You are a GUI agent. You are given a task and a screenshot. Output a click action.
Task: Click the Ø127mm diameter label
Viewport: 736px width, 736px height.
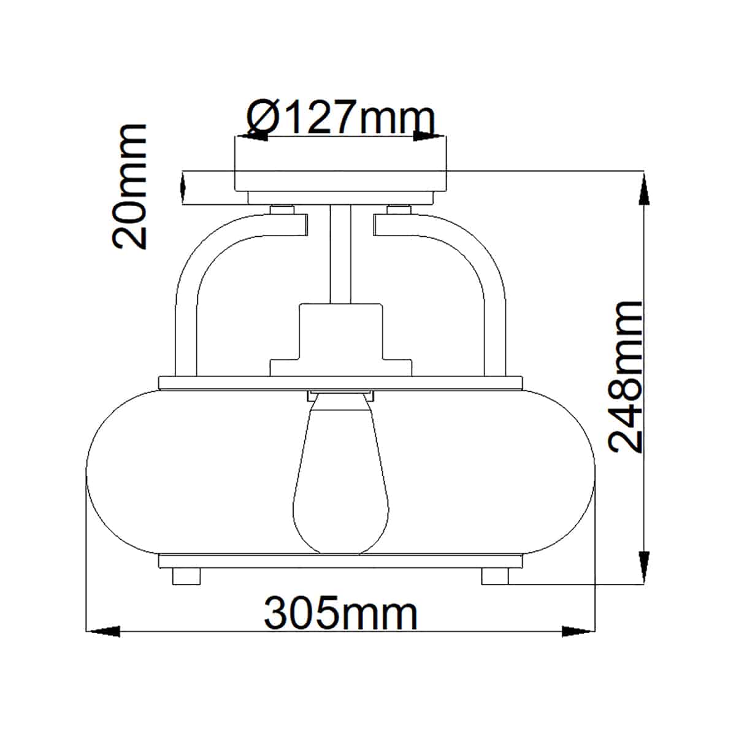tap(340, 117)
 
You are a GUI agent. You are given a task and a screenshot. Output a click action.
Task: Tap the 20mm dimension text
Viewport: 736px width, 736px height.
tap(129, 187)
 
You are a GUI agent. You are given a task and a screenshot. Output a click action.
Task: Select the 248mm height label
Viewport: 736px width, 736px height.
tap(625, 377)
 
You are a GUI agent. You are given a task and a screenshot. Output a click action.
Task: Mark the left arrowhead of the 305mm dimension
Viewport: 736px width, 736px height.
tap(103, 632)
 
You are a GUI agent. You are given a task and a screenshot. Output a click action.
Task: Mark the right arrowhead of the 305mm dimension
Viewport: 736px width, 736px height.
tap(578, 632)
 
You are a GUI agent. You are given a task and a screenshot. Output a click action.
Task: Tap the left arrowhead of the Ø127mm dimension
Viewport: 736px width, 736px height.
tap(252, 136)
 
